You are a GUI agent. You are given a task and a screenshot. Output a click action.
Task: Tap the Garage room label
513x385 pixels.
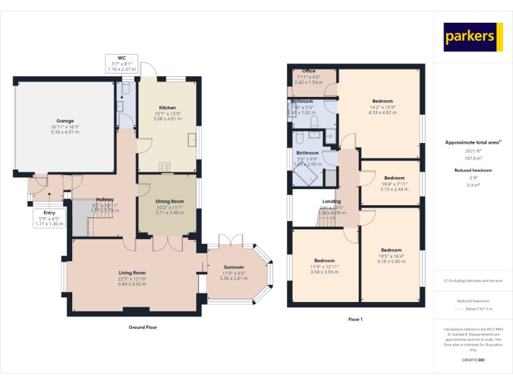coord(65,122)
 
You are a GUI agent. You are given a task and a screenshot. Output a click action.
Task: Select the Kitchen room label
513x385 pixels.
coord(167,108)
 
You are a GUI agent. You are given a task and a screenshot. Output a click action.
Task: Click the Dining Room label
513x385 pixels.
coord(169,201)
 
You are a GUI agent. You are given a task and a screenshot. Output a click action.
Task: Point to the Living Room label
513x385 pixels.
coord(132,273)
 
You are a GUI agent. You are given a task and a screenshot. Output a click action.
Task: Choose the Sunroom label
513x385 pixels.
coord(233,267)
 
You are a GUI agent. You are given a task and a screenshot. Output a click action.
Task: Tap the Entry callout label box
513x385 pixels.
coord(49,218)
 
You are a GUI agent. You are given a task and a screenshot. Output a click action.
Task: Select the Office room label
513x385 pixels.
coord(309,71)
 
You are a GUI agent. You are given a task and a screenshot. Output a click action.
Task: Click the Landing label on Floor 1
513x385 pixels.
coord(331,201)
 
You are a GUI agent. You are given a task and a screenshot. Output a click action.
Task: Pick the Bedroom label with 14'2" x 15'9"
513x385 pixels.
coord(383,102)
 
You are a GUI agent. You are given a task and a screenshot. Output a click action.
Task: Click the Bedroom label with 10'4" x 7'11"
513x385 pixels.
coord(394,178)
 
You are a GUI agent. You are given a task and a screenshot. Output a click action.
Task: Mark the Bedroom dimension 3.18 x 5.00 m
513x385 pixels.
coord(391,261)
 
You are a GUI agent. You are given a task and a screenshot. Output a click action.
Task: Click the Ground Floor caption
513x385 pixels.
coord(143,328)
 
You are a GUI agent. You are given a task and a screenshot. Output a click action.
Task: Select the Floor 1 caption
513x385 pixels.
coord(355,320)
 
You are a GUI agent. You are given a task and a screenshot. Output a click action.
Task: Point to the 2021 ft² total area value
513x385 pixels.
coord(472,152)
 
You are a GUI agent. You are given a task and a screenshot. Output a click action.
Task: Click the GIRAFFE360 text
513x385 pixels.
coord(472,360)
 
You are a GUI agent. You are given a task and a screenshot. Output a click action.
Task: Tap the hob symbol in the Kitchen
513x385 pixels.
coord(164,167)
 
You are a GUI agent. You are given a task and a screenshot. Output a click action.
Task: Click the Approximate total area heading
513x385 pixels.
coord(472,142)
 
